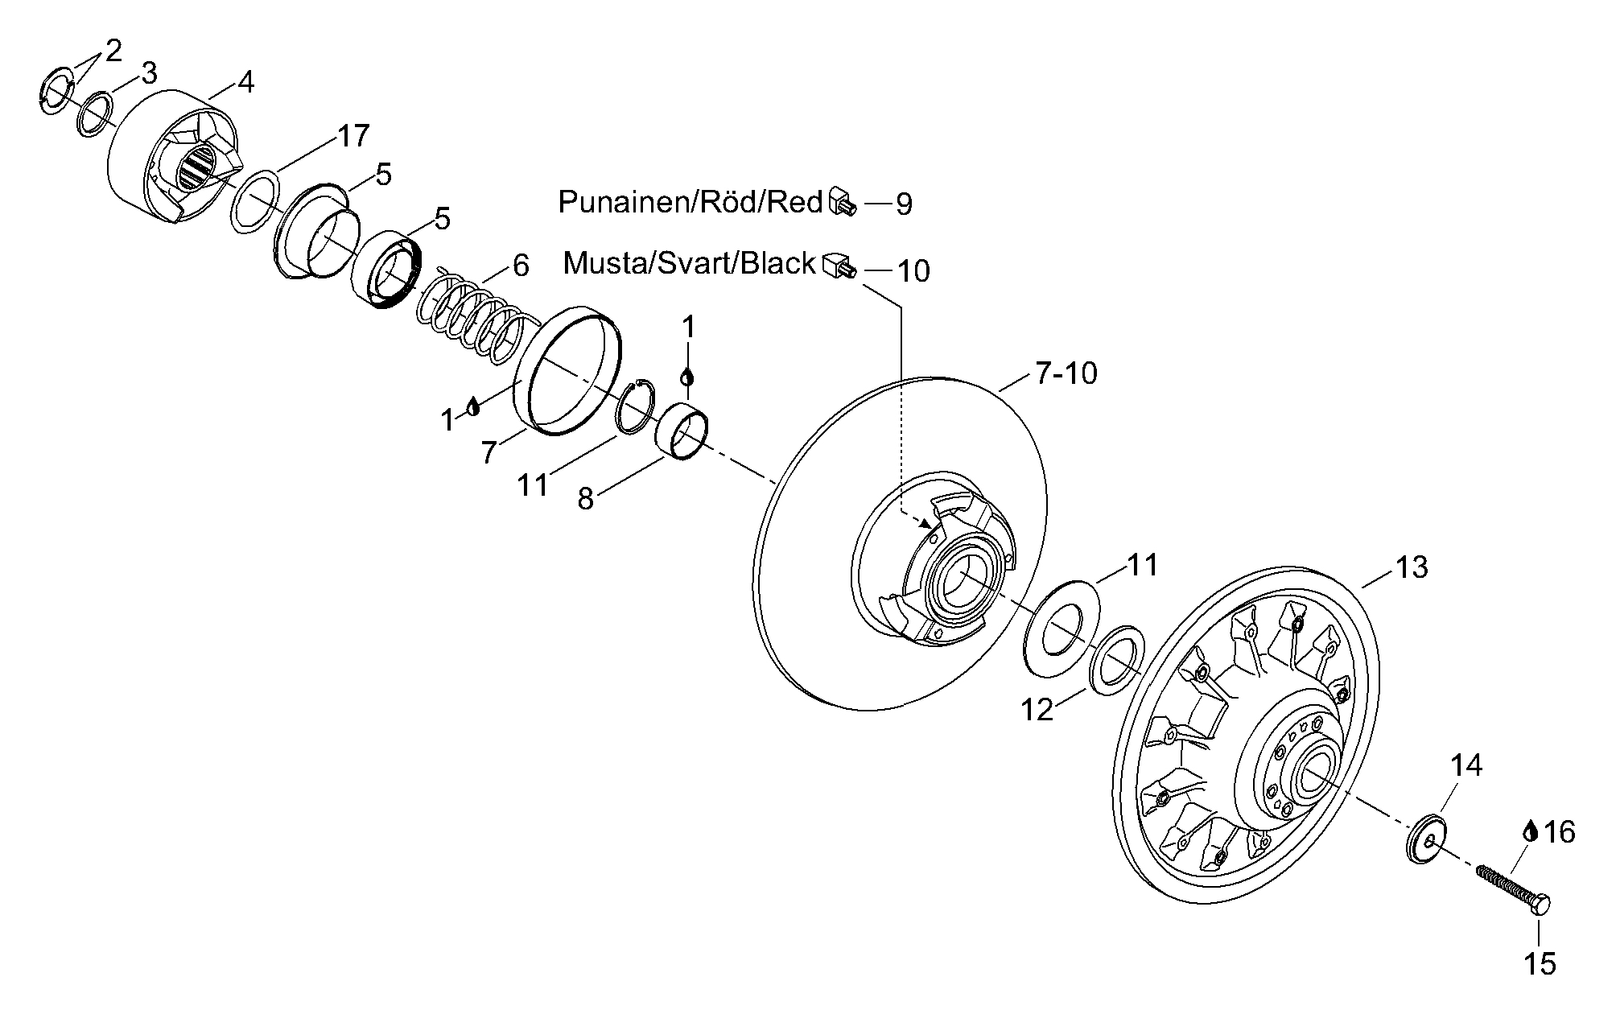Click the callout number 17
[352, 136]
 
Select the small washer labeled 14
[1426, 839]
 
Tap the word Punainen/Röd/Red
[691, 201]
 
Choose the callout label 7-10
[1066, 373]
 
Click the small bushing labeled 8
[682, 435]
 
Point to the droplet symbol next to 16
[1530, 831]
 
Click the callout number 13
[1412, 567]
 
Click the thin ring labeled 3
[95, 114]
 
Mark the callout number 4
[245, 82]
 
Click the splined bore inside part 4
[196, 169]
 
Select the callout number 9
[904, 204]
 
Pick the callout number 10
[913, 271]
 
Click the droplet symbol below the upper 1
[687, 376]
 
